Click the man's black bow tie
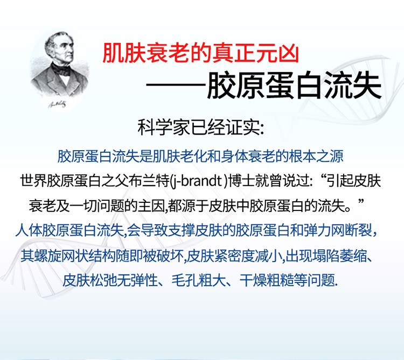(61, 69)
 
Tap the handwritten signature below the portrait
(57, 104)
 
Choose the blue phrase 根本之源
(316, 156)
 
